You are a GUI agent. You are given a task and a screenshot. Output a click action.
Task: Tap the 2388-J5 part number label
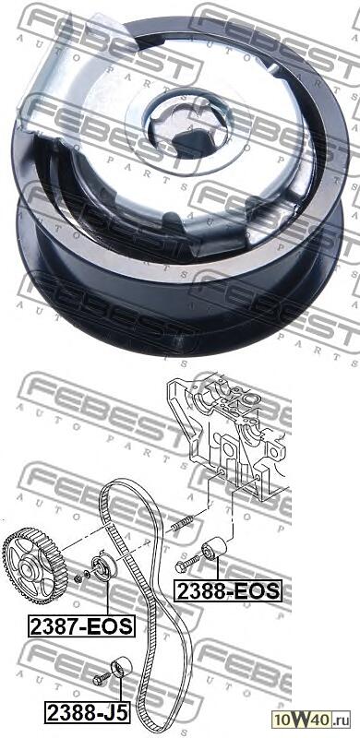coord(84,712)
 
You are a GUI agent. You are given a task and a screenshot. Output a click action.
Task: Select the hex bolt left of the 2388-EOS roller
coord(186,564)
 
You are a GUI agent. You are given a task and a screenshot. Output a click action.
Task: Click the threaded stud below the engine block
coord(180,523)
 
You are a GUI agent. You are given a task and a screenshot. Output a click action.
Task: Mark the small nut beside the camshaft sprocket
coord(78,578)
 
